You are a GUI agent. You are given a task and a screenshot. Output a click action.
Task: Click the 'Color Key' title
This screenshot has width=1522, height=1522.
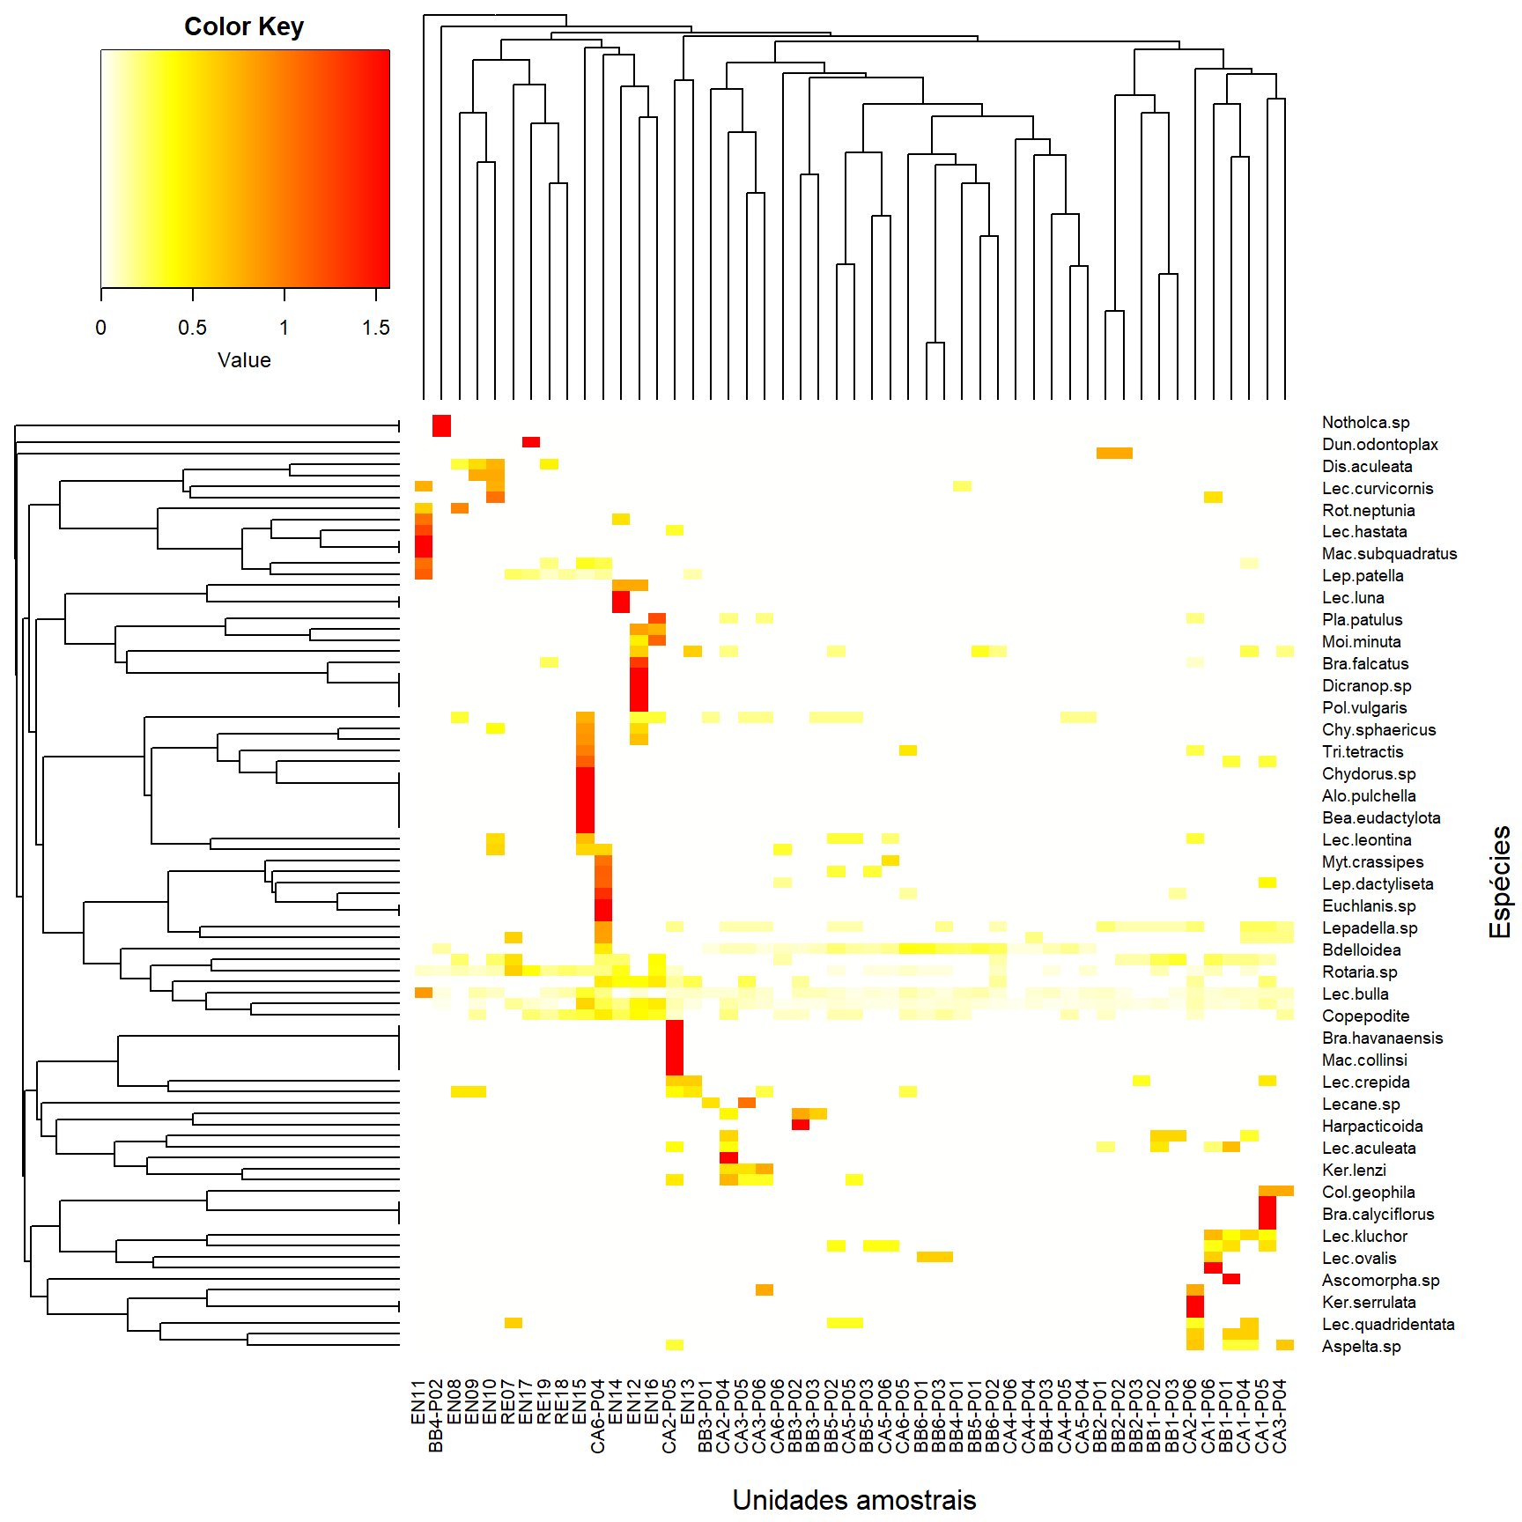[244, 27]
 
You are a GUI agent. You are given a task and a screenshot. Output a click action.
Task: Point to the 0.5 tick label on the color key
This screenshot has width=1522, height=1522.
[192, 328]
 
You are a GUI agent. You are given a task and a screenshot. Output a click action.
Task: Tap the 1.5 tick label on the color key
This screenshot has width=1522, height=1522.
[375, 328]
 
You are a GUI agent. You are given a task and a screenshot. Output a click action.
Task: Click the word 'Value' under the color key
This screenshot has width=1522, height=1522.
[244, 360]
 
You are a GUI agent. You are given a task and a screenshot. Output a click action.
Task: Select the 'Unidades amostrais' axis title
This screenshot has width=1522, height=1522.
[853, 1500]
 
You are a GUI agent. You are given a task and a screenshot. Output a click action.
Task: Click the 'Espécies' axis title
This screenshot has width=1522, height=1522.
[1500, 882]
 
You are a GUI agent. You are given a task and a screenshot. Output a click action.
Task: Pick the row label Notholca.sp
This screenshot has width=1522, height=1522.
[1365, 423]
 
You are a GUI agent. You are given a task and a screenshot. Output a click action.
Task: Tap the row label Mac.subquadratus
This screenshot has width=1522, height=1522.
[1389, 554]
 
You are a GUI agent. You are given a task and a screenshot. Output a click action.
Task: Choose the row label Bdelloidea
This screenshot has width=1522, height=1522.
[1361, 950]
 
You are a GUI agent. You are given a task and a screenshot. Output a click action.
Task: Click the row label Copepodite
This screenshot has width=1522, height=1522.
[1365, 1016]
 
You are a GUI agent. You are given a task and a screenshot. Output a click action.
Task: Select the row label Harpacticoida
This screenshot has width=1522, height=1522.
[1372, 1127]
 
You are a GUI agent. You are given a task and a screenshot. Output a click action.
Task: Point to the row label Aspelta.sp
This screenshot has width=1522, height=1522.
[1361, 1347]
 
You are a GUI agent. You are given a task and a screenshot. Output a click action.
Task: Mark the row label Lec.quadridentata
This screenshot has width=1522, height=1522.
[1388, 1325]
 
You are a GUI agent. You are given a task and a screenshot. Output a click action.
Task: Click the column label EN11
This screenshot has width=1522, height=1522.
[418, 1401]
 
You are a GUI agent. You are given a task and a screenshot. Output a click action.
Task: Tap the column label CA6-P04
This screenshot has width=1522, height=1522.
[598, 1415]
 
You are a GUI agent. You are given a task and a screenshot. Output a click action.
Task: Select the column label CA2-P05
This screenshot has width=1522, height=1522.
[669, 1415]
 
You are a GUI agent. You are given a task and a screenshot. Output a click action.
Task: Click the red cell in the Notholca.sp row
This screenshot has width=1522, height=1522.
[441, 425]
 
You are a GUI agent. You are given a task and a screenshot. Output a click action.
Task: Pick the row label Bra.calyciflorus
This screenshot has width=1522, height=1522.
[1378, 1215]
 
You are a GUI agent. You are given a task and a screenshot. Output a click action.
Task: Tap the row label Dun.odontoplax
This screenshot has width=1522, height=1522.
[1379, 445]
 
